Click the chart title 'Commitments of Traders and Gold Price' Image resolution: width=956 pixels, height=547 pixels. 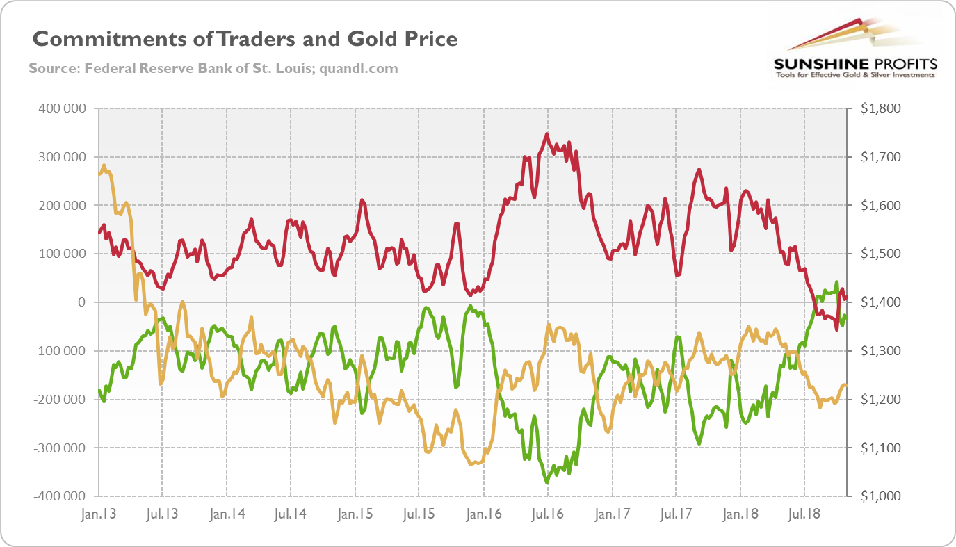click(245, 39)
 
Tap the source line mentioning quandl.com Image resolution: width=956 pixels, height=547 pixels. click(213, 69)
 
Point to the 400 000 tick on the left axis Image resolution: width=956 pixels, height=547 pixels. click(61, 108)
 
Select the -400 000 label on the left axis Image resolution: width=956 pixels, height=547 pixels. click(59, 496)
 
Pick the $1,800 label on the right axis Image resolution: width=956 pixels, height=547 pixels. click(880, 108)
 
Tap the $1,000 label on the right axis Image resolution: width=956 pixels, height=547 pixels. click(880, 496)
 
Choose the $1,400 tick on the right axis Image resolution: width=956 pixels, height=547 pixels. click(880, 302)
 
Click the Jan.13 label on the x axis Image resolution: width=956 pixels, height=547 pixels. click(99, 515)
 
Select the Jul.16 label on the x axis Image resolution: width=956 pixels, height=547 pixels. click(547, 515)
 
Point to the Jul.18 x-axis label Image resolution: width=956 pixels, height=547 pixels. click(804, 515)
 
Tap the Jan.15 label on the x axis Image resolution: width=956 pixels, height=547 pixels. click(355, 515)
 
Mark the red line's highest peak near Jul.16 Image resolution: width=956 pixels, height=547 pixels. click(547, 134)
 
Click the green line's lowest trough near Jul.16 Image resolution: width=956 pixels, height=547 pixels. click(547, 482)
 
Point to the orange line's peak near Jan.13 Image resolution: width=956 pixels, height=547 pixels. click(104, 165)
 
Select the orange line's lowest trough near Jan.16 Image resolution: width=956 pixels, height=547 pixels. click(472, 464)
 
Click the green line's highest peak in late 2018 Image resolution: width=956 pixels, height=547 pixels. click(836, 282)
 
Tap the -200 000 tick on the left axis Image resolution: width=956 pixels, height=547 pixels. click(59, 400)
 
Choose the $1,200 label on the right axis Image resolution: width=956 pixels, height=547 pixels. click(880, 400)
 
